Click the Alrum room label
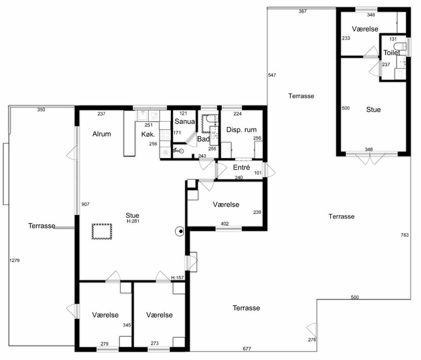tap(101, 134)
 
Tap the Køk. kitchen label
tap(148, 134)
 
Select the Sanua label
tap(185, 122)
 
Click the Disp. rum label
tap(241, 130)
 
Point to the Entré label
tap(241, 168)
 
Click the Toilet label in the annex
tap(392, 53)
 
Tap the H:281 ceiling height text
tap(133, 221)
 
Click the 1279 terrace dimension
tap(14, 260)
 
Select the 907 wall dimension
tap(86, 204)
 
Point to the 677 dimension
tap(247, 349)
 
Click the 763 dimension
tap(405, 235)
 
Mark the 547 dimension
tap(272, 75)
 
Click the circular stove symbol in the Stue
tap(179, 231)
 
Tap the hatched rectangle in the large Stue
tap(102, 231)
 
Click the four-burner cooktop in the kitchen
tap(165, 135)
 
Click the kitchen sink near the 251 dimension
tap(143, 115)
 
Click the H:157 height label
tap(178, 278)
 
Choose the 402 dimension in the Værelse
tap(225, 224)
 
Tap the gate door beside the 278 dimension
tap(312, 331)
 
